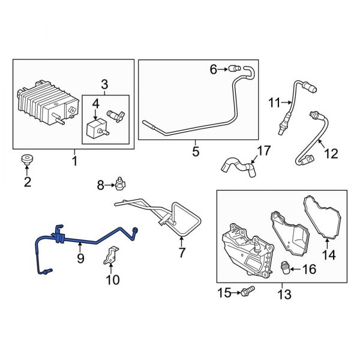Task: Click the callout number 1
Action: (75, 161)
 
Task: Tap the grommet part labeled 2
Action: (27, 160)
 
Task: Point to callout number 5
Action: (196, 151)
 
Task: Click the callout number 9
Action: (80, 259)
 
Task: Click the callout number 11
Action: (274, 103)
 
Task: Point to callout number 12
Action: (331, 154)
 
